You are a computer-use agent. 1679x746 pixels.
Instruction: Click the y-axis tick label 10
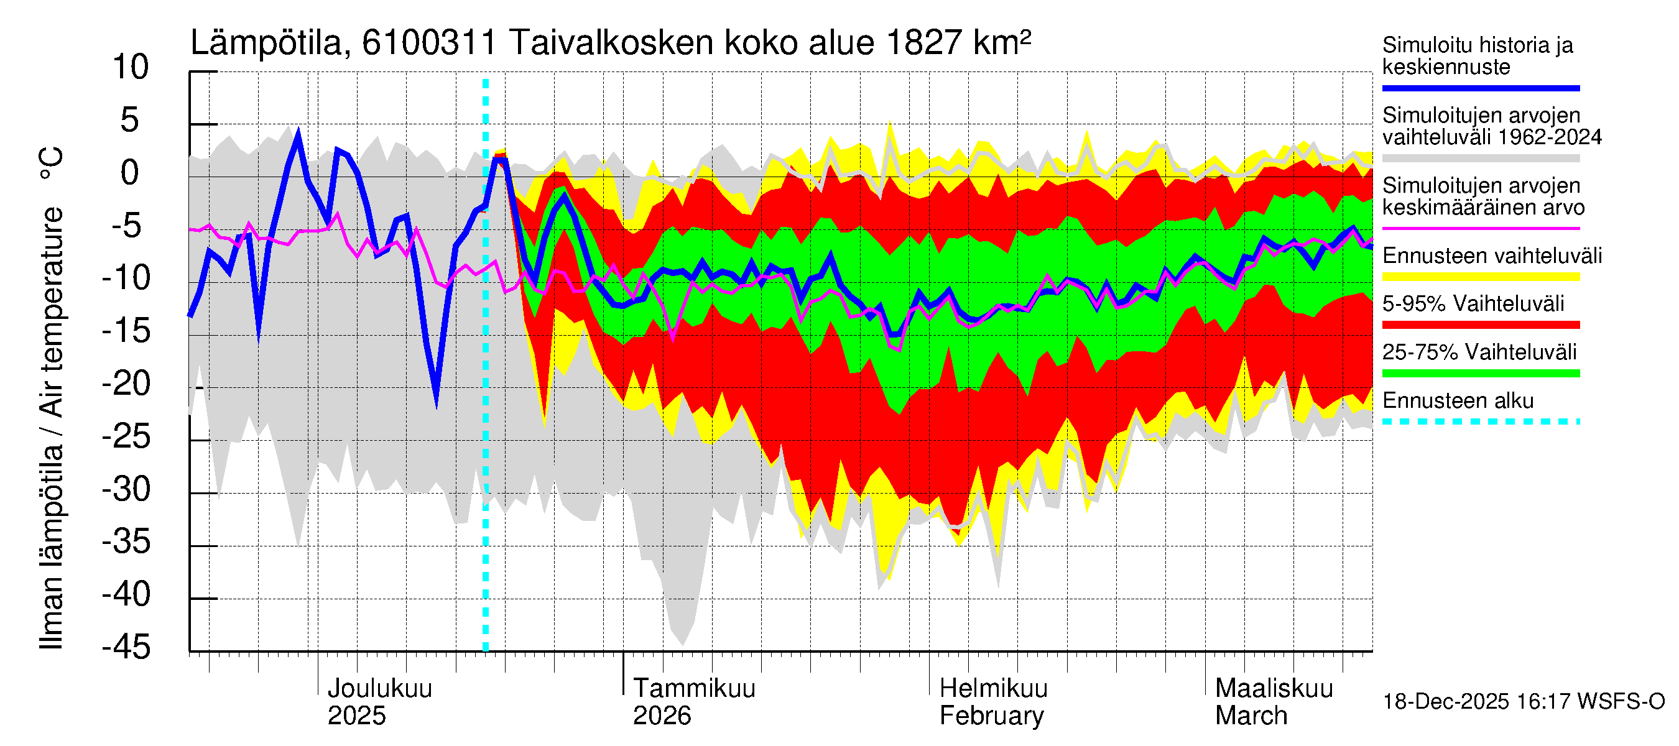click(131, 67)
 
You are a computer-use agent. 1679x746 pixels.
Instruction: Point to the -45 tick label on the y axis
click(126, 647)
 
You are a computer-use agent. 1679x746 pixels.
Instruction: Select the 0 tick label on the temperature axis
click(131, 173)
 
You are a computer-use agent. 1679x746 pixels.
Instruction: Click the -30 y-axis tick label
click(126, 489)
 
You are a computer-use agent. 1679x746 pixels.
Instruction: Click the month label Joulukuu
click(379, 688)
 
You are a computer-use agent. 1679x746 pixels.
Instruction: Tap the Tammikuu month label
click(694, 688)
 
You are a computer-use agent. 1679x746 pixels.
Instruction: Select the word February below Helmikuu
click(991, 716)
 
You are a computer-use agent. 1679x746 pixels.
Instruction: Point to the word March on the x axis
click(1251, 716)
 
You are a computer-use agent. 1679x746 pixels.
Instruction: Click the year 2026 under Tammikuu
click(662, 716)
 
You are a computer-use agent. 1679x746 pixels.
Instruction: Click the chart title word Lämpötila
click(267, 43)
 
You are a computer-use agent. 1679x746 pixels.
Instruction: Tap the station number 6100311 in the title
click(430, 43)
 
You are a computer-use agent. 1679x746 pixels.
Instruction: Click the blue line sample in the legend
click(1480, 88)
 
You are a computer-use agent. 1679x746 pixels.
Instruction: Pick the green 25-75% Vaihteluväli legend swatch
click(1480, 374)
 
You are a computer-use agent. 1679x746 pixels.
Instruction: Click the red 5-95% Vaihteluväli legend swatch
click(1480, 325)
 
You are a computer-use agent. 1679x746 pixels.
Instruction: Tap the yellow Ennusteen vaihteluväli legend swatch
click(1480, 276)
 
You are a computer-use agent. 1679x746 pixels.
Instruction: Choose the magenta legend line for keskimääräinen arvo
click(1480, 228)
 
